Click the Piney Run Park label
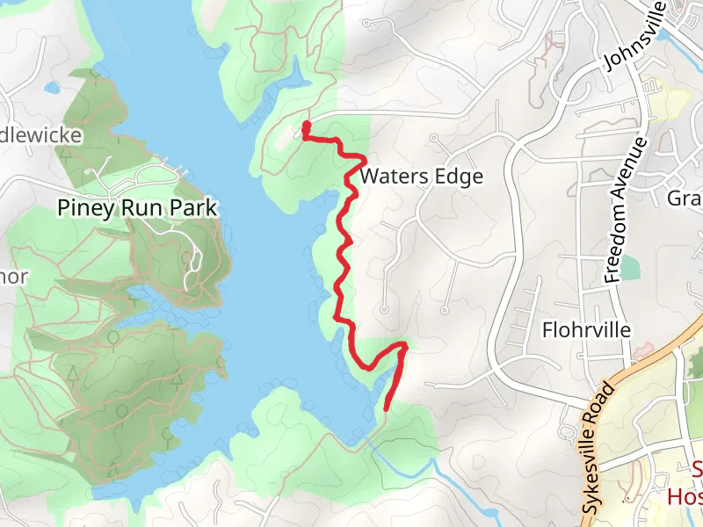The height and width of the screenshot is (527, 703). click(136, 207)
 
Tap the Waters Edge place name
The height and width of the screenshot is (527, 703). click(422, 177)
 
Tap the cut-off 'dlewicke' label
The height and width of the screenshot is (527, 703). click(41, 134)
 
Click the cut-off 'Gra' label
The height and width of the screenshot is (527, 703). click(684, 198)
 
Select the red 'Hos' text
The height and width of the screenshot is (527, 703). click(685, 497)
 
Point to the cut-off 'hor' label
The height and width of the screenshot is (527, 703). click(14, 277)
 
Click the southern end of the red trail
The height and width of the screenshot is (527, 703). click(387, 407)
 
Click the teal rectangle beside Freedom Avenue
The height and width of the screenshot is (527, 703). click(629, 264)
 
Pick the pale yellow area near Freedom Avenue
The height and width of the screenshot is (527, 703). click(655, 92)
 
